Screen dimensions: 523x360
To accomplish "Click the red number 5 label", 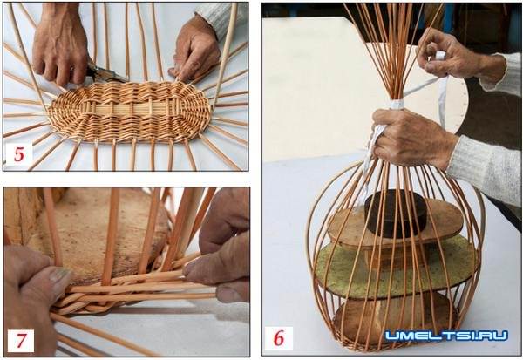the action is coord(19,154).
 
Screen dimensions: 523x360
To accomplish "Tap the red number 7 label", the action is coord(21,340).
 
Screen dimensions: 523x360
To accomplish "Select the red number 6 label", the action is coord(279,338).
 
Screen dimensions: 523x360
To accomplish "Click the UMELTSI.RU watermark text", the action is coord(446,336).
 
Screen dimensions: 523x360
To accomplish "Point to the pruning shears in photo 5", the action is coord(105,72).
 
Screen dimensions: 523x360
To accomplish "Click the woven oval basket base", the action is coord(130,111).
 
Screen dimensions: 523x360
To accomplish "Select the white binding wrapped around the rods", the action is coord(397,104).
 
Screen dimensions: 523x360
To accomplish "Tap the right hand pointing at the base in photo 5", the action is coord(196,51).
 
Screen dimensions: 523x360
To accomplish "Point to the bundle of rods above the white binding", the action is coord(395,53).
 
